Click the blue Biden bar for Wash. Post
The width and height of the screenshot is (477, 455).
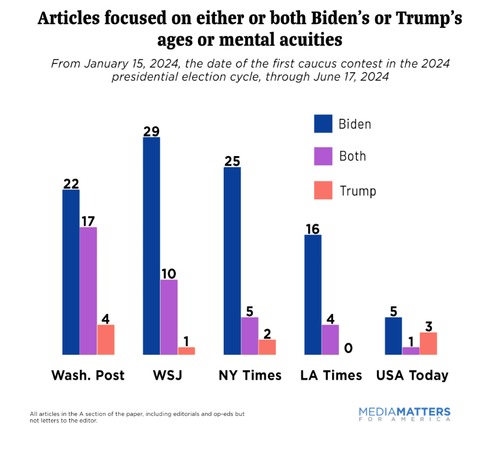tap(71, 272)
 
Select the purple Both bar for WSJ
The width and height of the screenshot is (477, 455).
tap(169, 317)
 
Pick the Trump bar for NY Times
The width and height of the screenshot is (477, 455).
tap(267, 347)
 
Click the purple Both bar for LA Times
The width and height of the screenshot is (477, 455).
tap(330, 340)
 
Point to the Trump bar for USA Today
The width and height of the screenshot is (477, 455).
tap(428, 343)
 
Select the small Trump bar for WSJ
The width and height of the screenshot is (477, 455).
tap(186, 351)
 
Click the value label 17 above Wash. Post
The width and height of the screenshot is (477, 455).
tap(89, 221)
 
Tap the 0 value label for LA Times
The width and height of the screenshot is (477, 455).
tap(348, 348)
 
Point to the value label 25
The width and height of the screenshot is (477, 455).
tap(232, 161)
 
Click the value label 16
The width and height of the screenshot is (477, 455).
tap(313, 228)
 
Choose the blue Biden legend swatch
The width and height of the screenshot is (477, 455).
tap(323, 124)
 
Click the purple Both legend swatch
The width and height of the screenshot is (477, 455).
tap(323, 156)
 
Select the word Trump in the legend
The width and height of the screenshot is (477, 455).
tap(358, 191)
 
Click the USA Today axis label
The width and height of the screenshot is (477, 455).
tap(412, 375)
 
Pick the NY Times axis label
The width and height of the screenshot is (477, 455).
tap(250, 375)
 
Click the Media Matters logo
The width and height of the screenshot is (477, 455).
tap(404, 414)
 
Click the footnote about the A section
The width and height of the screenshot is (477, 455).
tap(137, 417)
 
